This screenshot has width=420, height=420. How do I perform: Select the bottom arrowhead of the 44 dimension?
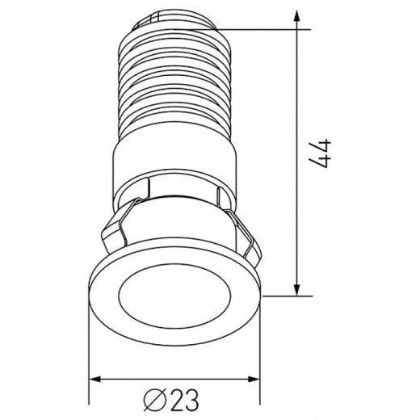tap(300, 288)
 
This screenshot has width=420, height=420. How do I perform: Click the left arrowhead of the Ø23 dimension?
tap(94, 377)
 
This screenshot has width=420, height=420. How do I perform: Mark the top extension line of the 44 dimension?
tap(267, 29)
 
